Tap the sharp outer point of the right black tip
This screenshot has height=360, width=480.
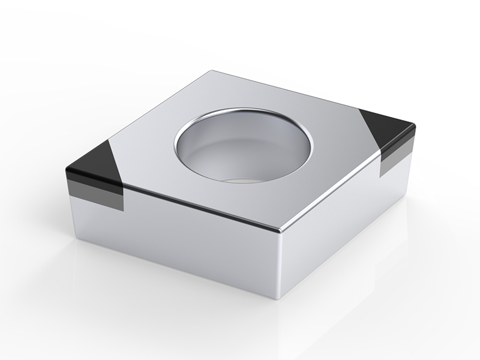(413, 124)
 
